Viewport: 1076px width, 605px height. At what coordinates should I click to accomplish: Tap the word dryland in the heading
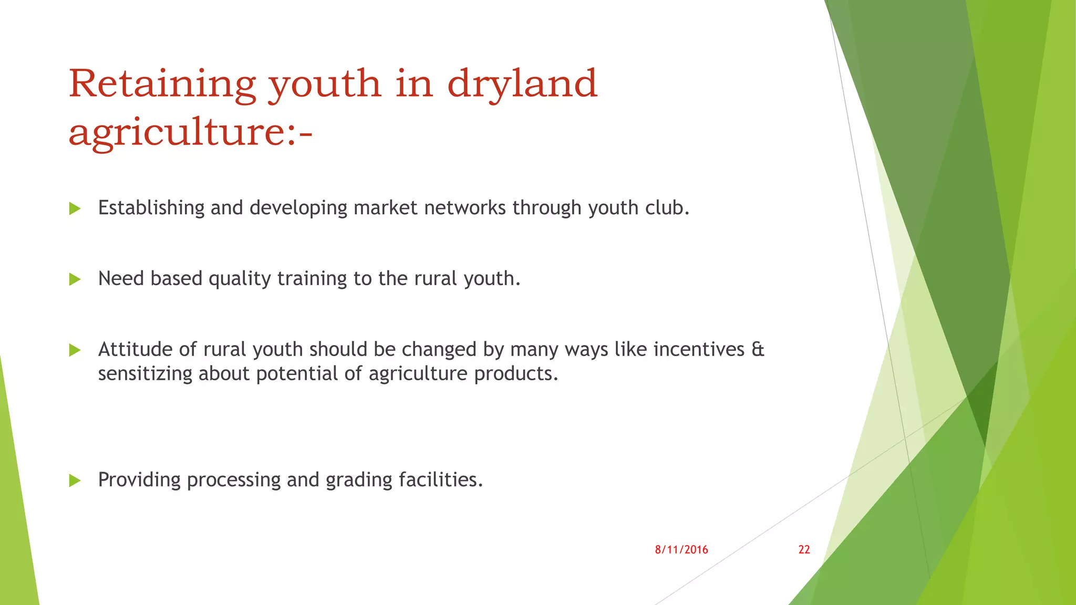[522, 84]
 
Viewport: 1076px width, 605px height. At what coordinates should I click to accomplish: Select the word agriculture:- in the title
[190, 132]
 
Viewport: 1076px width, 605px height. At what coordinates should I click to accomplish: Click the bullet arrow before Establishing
[75, 209]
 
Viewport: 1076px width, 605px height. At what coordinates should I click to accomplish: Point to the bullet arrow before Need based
[75, 279]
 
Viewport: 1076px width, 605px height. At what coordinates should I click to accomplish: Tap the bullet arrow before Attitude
[75, 350]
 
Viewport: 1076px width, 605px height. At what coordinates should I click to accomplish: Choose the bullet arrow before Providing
[75, 481]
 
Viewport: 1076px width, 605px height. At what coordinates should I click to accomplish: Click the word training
[312, 279]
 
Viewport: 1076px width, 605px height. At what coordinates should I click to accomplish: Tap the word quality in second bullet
[240, 279]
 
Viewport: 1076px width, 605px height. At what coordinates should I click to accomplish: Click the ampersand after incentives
[758, 350]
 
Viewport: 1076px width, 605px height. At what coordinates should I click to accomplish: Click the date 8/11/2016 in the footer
[681, 550]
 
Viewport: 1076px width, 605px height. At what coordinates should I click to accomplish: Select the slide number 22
[804, 550]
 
